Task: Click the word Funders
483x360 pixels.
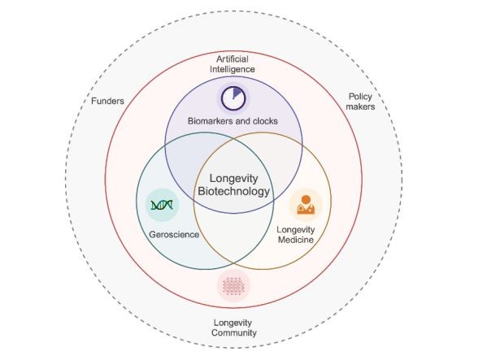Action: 107,101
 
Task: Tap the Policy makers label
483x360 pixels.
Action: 360,102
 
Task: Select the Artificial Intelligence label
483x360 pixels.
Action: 233,64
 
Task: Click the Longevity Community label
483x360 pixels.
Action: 234,327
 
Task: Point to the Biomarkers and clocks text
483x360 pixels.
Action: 233,121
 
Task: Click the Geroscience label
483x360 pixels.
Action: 174,235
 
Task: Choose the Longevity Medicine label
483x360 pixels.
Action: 296,235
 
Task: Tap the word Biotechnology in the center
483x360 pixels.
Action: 233,191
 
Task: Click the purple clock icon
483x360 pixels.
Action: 233,98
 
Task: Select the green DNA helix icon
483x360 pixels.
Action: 162,205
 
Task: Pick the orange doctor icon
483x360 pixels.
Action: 306,205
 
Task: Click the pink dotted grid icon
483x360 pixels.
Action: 233,286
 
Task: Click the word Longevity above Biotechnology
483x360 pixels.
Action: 234,178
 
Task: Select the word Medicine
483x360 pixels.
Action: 296,240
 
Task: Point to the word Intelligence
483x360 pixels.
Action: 233,69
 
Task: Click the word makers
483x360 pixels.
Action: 360,106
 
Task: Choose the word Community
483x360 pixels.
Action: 234,333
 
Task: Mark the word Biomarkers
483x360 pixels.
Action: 210,121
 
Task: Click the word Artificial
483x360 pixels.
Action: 233,59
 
